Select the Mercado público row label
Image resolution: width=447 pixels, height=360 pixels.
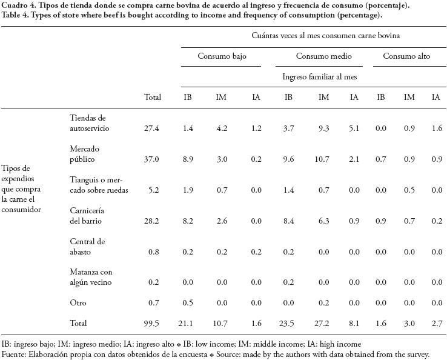click(x=84, y=154)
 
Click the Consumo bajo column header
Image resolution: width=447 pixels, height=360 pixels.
click(x=221, y=56)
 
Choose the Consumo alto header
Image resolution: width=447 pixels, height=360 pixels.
click(x=406, y=56)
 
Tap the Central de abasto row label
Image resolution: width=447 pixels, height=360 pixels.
click(x=87, y=247)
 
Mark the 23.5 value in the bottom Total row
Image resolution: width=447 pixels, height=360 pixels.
click(x=288, y=324)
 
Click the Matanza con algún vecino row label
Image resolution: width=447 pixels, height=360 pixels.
click(x=91, y=278)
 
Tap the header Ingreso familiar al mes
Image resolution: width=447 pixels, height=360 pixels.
click(x=320, y=77)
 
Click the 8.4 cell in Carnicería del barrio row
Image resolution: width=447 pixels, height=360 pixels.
click(x=288, y=221)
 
